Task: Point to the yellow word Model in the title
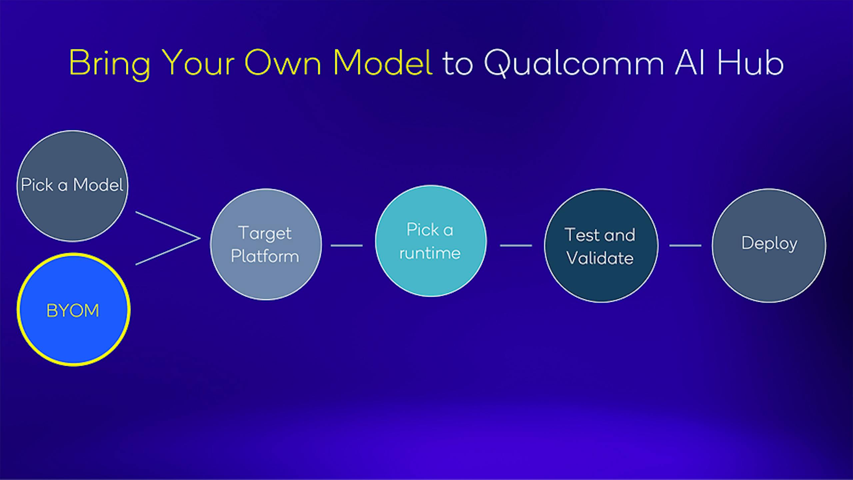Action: tap(383, 63)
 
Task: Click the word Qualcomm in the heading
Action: tap(574, 63)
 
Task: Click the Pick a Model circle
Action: tap(72, 186)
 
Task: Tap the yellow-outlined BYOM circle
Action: tap(73, 309)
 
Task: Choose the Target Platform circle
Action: tap(266, 244)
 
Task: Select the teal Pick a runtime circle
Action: tap(431, 240)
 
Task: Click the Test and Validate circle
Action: tap(601, 245)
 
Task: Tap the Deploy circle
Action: tap(769, 245)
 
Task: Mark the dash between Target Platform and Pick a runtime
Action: tap(347, 245)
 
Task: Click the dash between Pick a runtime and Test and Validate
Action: tap(516, 245)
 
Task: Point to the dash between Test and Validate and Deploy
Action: tap(685, 245)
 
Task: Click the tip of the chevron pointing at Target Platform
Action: tap(200, 238)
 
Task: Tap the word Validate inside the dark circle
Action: tap(600, 258)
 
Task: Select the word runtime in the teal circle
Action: tap(430, 253)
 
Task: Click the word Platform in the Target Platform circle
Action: tap(265, 257)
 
